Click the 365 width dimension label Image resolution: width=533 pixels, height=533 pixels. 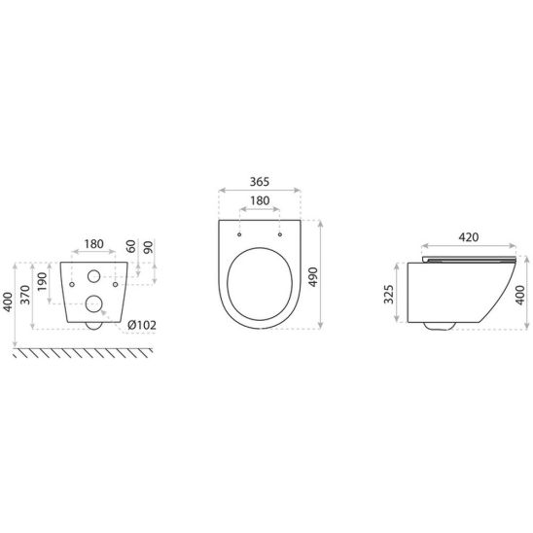click(x=260, y=182)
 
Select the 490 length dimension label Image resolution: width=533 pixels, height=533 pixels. click(x=312, y=277)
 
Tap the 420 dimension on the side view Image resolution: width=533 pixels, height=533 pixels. click(x=469, y=237)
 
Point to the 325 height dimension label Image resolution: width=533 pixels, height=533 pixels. click(x=388, y=294)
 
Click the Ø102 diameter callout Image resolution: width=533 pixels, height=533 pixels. click(x=142, y=325)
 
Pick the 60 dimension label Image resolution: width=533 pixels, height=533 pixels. click(x=131, y=246)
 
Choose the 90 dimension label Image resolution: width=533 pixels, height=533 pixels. click(x=148, y=247)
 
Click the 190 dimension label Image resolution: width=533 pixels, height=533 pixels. click(x=42, y=281)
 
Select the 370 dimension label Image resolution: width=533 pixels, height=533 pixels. click(x=25, y=295)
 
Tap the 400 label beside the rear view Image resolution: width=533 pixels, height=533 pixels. click(x=8, y=302)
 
